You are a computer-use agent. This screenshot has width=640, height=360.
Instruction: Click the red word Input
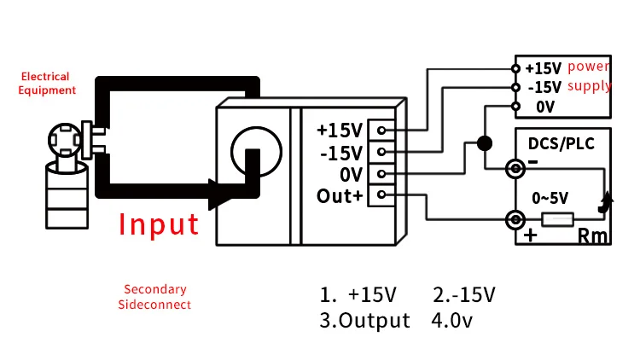pyautogui.click(x=159, y=224)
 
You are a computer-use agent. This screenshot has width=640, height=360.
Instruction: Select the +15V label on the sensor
pyautogui.click(x=340, y=131)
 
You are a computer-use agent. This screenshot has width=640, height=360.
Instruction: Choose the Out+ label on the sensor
pyautogui.click(x=340, y=195)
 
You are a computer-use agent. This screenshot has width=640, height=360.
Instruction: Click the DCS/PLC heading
pyautogui.click(x=556, y=142)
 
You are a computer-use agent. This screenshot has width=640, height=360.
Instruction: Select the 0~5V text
pyautogui.click(x=550, y=198)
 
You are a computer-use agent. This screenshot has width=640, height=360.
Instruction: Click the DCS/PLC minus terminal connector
pyautogui.click(x=515, y=169)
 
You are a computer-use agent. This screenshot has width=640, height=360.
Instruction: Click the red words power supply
pyautogui.click(x=589, y=76)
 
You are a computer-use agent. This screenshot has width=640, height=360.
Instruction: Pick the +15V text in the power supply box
pyautogui.click(x=543, y=68)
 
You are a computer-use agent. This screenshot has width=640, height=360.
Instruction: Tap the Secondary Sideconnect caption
pyautogui.click(x=154, y=297)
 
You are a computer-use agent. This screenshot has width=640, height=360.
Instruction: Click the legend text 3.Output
pyautogui.click(x=365, y=321)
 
